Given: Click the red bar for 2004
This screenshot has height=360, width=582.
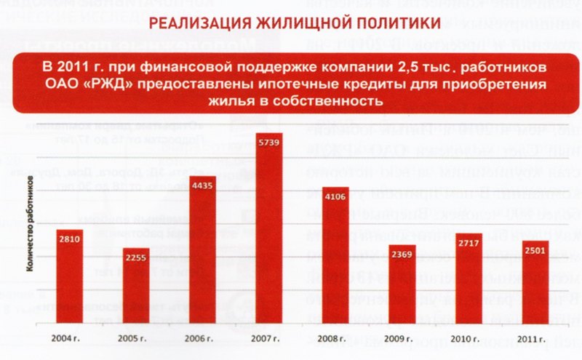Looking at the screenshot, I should click(x=70, y=276).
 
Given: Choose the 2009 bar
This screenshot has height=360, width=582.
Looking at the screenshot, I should click(x=402, y=284).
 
